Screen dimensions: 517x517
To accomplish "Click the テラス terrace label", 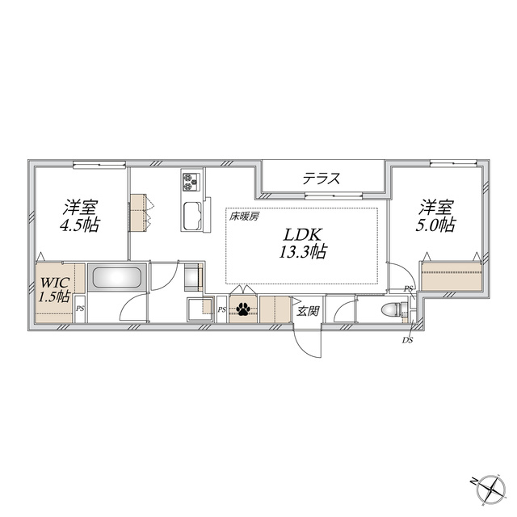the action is [x=322, y=179].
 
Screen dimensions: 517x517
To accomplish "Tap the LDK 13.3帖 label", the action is [x=303, y=243].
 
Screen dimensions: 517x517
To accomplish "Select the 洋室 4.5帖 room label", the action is [x=79, y=216].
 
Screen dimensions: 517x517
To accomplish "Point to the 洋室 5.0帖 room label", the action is [x=435, y=216].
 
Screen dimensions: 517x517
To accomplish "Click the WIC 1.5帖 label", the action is [x=55, y=290].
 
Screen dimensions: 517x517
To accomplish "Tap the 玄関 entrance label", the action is [x=308, y=311].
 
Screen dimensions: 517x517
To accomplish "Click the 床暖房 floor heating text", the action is [x=244, y=216].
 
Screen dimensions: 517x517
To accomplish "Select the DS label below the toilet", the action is [x=407, y=341].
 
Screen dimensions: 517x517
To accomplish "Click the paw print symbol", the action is [x=242, y=309].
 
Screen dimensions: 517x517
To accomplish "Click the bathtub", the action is [x=116, y=277].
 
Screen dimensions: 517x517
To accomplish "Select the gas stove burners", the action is [x=191, y=182].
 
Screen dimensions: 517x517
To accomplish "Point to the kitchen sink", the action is [x=191, y=216].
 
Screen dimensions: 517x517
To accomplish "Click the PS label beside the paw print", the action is [x=222, y=309].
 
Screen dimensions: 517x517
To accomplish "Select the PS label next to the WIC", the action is [x=80, y=309].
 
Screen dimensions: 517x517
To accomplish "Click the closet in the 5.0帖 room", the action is [x=451, y=276].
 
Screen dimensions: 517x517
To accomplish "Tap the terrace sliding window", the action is [x=334, y=195].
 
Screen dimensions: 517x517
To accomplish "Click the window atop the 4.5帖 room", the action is [x=99, y=163].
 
